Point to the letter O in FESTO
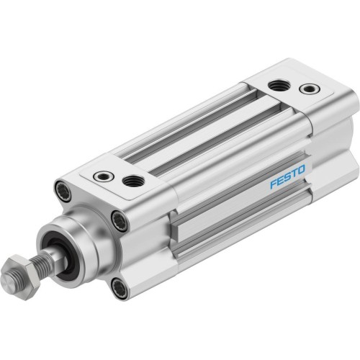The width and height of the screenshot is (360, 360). pyautogui.click(x=301, y=169)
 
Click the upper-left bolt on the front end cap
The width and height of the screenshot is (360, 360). pyautogui.click(x=62, y=192)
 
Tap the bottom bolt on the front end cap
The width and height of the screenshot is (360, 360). pyautogui.click(x=120, y=288)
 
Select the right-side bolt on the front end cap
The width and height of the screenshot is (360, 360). pyautogui.click(x=119, y=222)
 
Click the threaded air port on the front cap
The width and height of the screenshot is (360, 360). pyautogui.click(x=133, y=181)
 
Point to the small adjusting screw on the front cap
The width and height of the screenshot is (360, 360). pyautogui.click(x=104, y=175)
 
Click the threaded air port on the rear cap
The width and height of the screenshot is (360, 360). pyautogui.click(x=278, y=85)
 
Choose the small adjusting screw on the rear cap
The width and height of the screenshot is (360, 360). pyautogui.click(x=310, y=89)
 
